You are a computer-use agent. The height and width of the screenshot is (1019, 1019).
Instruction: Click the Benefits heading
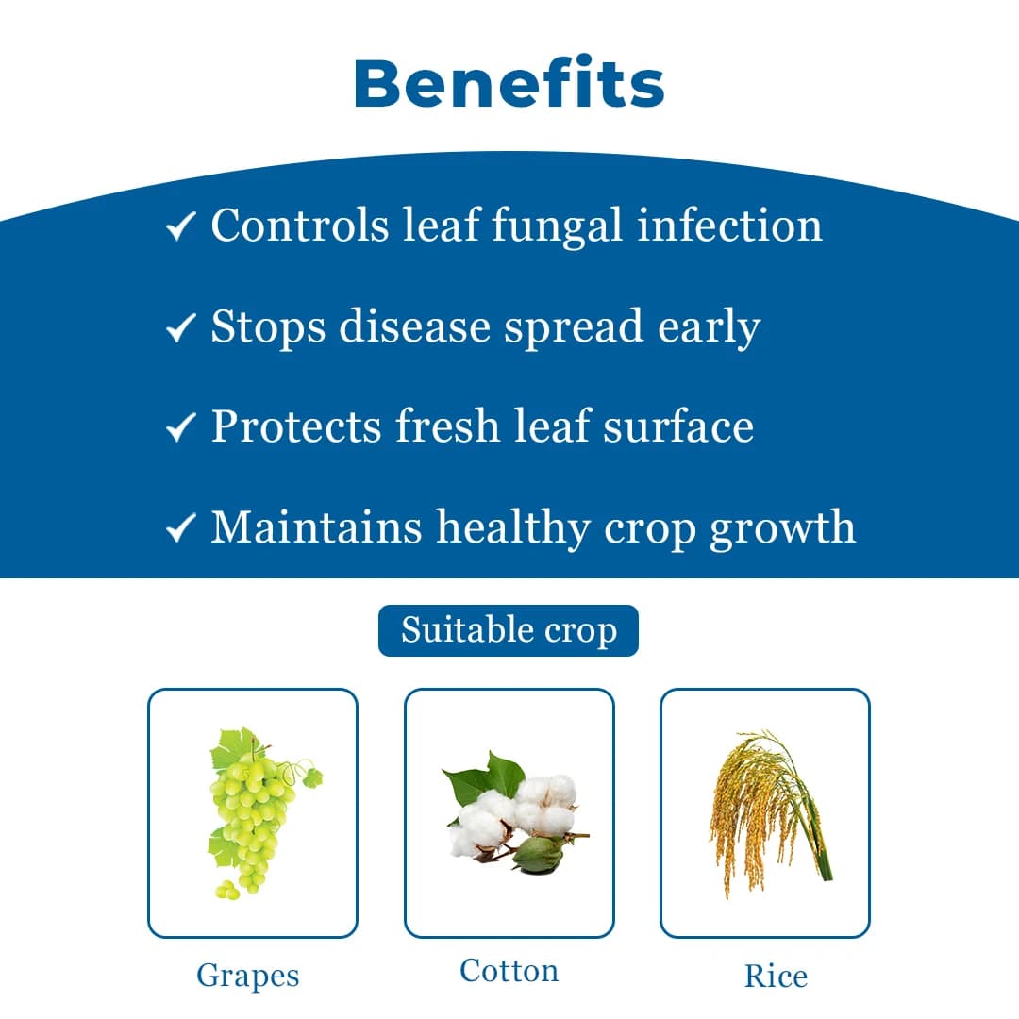509,83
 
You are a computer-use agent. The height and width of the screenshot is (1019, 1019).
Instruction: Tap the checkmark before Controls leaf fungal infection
179,227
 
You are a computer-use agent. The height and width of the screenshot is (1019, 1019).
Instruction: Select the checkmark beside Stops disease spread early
179,328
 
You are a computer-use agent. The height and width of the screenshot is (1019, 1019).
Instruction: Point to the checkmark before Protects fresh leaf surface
179,428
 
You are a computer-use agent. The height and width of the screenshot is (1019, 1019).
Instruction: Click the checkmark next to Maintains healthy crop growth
179,528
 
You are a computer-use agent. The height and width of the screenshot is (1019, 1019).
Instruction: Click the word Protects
296,426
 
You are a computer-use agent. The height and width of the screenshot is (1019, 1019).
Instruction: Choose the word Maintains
315,526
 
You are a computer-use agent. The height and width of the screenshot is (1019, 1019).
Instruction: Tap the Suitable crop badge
509,630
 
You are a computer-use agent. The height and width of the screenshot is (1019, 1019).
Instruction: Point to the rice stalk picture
766,811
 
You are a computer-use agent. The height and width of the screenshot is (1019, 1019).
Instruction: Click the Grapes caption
247,976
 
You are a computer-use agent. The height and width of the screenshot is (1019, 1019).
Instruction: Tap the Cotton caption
509,970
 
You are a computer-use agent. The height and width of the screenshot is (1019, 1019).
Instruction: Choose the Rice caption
776,976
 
